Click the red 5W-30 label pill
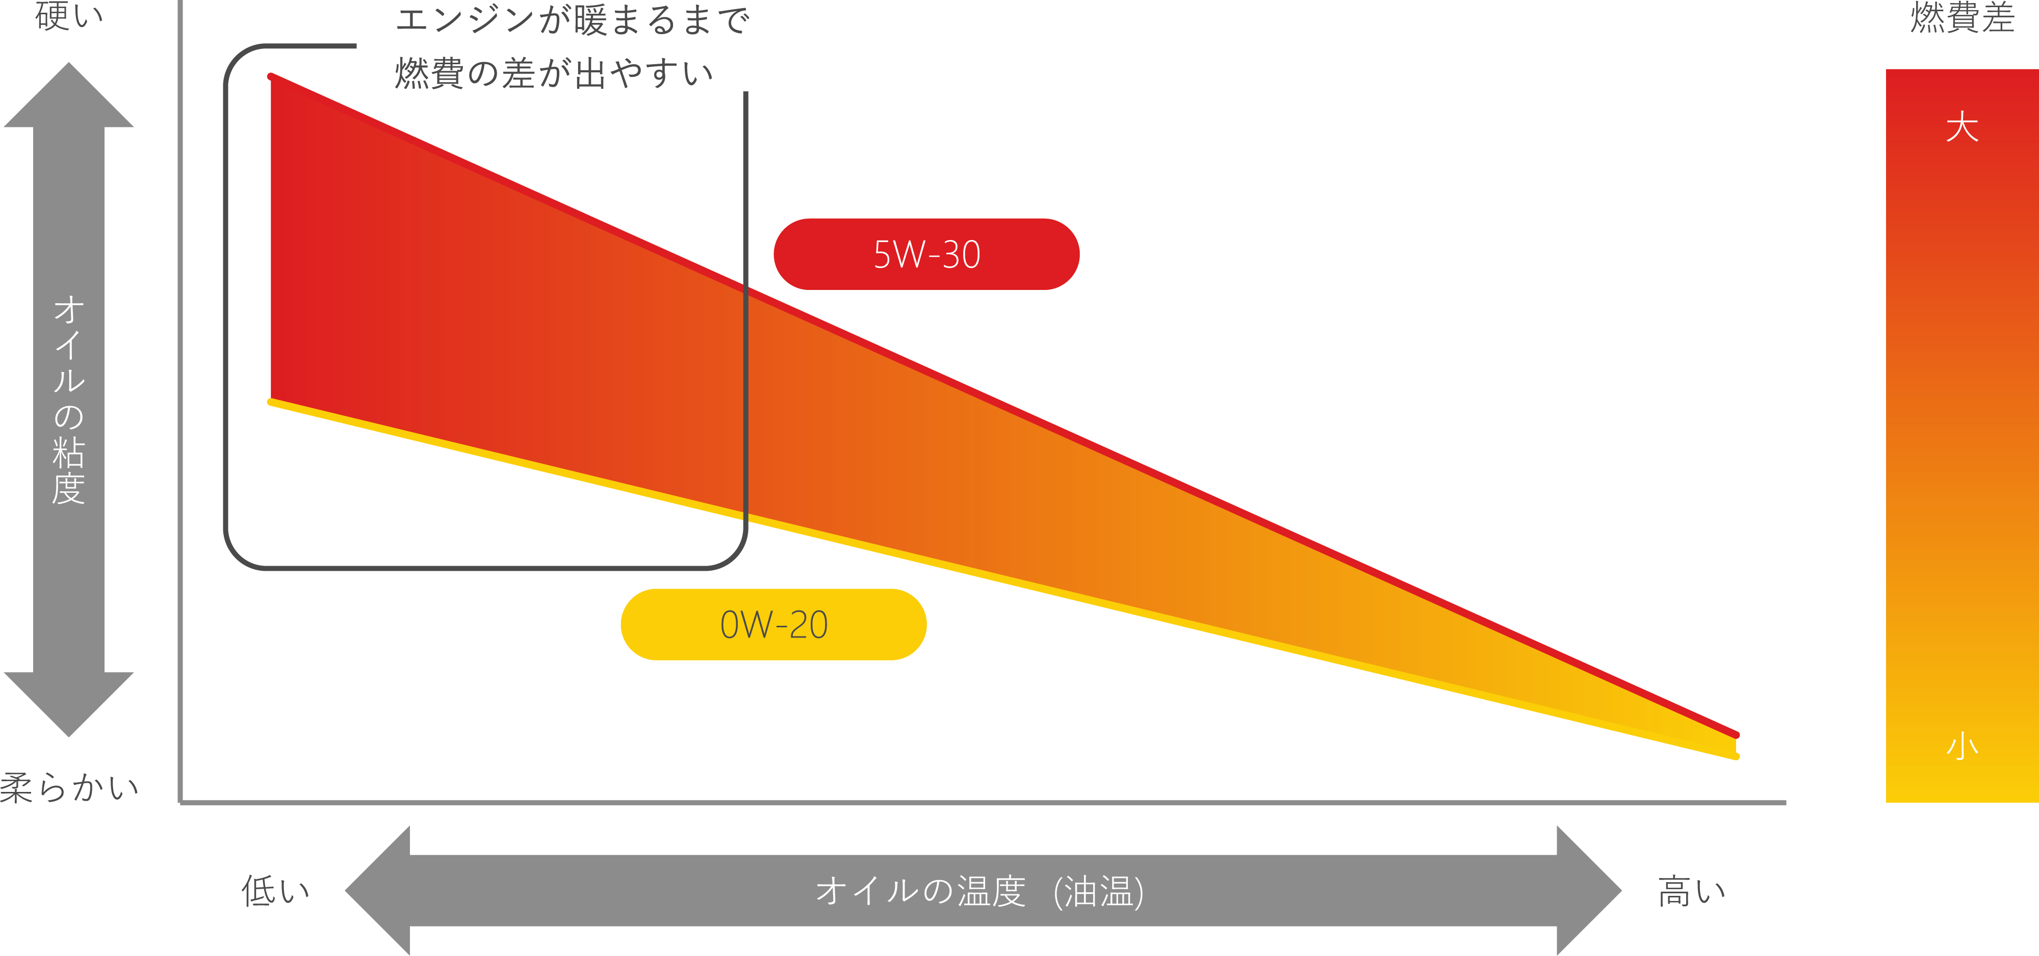click(x=926, y=254)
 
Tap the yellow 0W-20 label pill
click(x=773, y=624)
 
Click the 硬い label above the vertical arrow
click(x=69, y=16)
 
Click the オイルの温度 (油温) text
click(x=979, y=891)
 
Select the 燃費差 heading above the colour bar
click(x=1961, y=17)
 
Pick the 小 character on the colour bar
click(x=1962, y=746)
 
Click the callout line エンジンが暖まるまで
click(x=572, y=20)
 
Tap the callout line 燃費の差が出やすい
click(x=554, y=73)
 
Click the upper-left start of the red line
click(x=271, y=77)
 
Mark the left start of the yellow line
click(x=271, y=402)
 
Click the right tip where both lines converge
click(x=1736, y=746)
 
